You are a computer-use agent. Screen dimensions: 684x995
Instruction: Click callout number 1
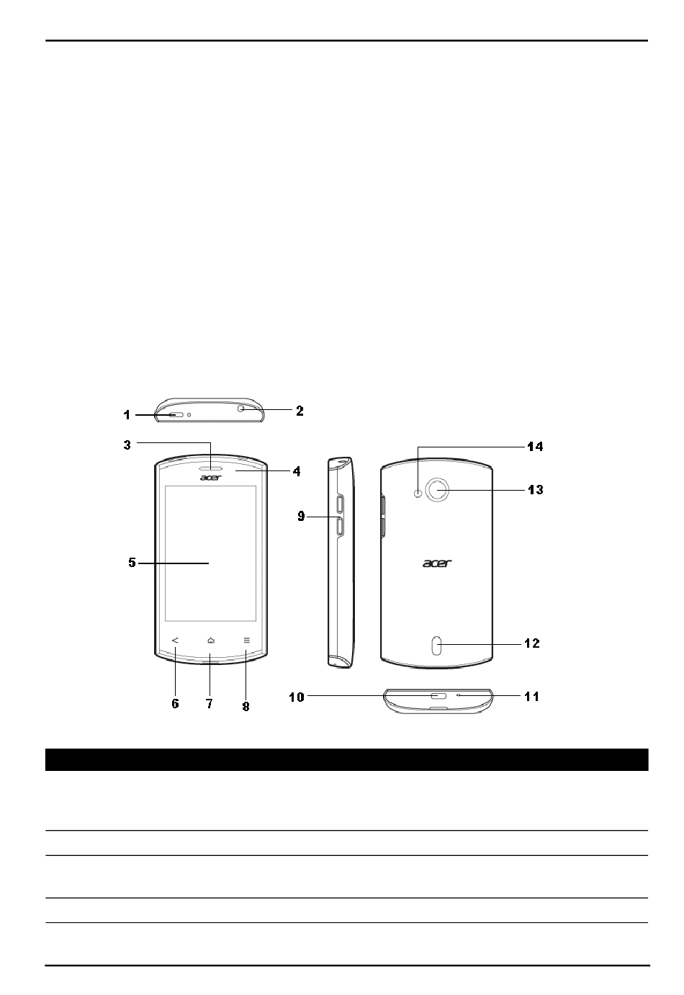click(127, 415)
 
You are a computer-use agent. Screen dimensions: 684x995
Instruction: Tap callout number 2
click(300, 411)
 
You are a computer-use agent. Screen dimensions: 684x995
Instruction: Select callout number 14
click(535, 447)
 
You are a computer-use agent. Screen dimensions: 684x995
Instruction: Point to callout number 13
click(535, 489)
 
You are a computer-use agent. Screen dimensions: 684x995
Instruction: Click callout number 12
click(532, 643)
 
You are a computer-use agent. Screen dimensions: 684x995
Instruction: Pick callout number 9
click(301, 516)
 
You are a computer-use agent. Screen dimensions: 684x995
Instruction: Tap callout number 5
click(132, 563)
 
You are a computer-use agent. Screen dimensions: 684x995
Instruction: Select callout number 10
click(297, 697)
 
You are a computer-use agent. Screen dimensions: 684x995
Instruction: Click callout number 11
click(532, 697)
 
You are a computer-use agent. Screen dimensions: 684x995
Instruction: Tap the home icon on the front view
click(211, 641)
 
